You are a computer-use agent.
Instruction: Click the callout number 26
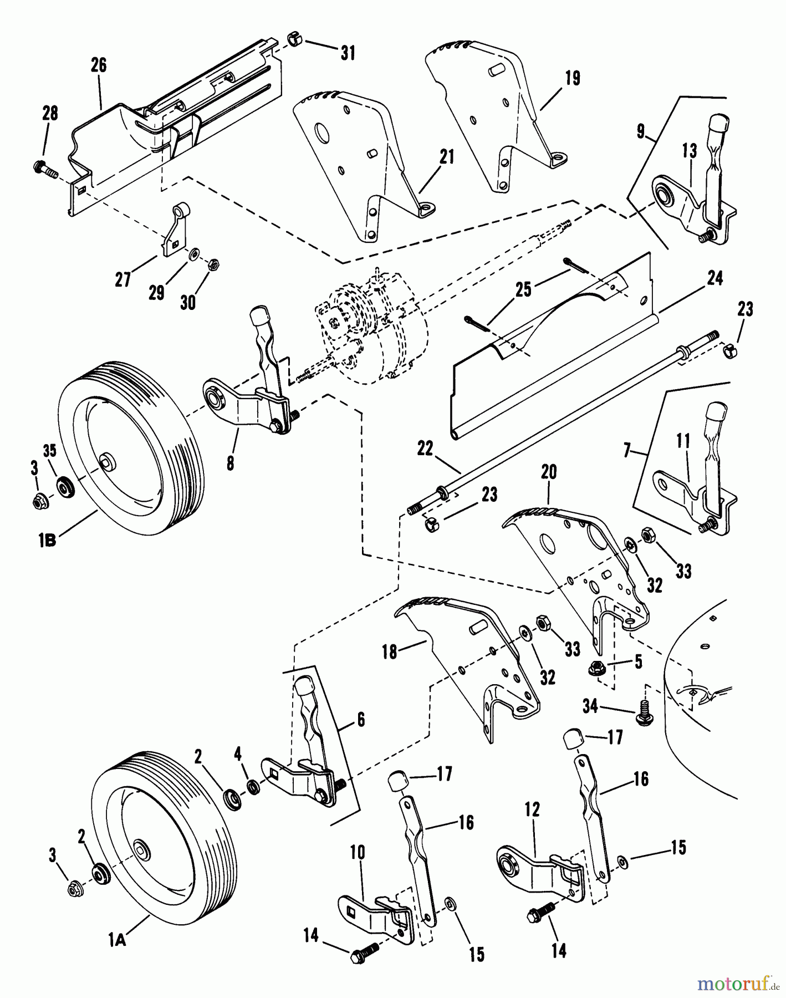click(98, 65)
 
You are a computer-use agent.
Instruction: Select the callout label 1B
click(47, 541)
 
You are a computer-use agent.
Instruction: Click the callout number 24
click(714, 278)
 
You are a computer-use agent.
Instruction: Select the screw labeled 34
click(645, 711)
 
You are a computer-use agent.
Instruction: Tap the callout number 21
click(447, 157)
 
